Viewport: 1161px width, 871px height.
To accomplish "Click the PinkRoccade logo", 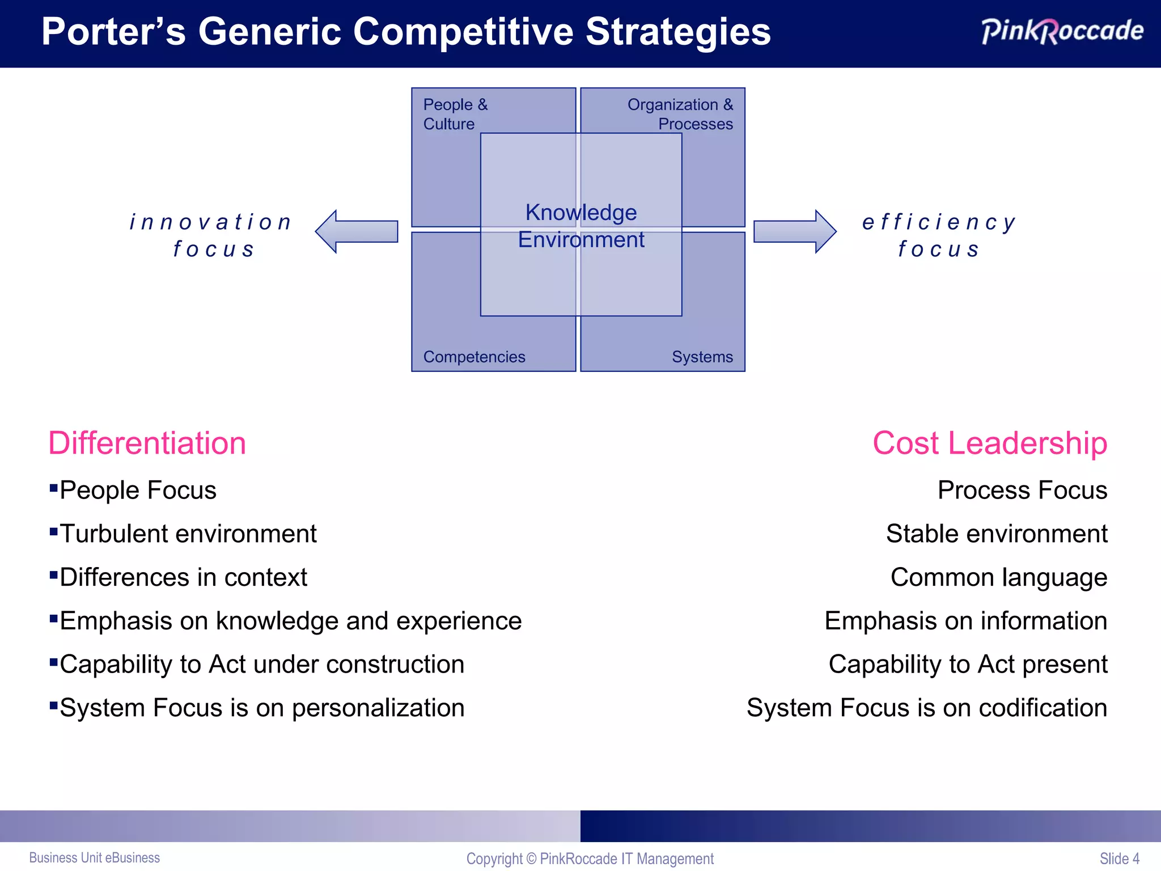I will point(1062,31).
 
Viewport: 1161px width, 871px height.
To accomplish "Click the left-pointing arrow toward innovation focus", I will point(357,231).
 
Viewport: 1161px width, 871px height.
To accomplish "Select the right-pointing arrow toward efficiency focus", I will point(794,231).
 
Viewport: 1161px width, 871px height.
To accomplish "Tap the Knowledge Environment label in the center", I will point(581,226).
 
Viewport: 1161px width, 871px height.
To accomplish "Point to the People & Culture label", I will point(455,114).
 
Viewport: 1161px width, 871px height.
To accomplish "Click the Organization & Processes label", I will point(680,114).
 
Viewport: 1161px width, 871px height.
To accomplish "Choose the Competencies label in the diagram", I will point(474,357).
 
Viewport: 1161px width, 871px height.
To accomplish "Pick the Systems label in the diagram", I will point(702,357).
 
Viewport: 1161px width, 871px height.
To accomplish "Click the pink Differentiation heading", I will point(147,443).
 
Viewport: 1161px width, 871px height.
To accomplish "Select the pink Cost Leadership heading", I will point(989,443).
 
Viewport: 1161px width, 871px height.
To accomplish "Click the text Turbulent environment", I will point(188,534).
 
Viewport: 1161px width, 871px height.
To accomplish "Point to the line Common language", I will point(998,577).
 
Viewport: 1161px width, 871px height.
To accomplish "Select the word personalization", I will point(378,708).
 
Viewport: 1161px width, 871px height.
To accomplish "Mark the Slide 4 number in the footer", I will point(1119,859).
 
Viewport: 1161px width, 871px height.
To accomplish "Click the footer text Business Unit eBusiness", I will point(95,857).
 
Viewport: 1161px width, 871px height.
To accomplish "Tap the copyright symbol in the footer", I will point(531,859).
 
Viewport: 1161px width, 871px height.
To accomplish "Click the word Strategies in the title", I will point(678,32).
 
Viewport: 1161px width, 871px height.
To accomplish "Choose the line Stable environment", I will point(996,534).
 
